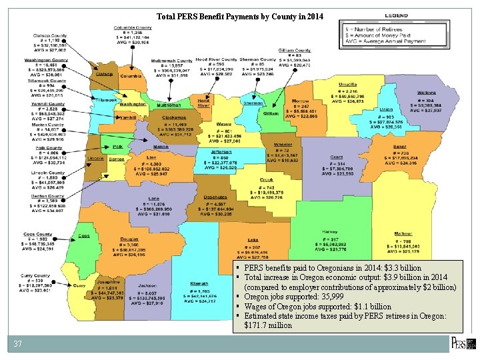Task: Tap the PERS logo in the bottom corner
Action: point(463,343)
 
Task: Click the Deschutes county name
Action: point(215,197)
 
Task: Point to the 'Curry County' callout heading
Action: point(35,275)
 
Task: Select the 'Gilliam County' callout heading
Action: point(295,51)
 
